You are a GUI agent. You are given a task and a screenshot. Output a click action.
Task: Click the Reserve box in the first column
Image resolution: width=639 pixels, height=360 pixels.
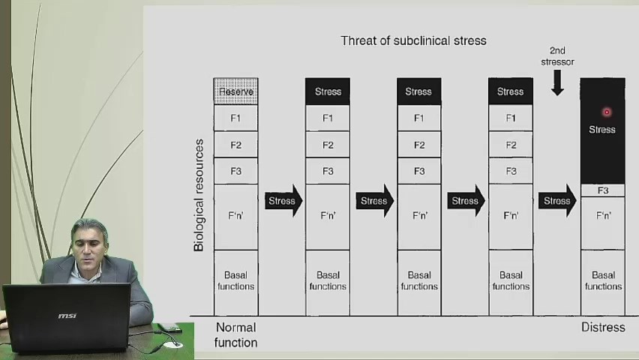click(236, 91)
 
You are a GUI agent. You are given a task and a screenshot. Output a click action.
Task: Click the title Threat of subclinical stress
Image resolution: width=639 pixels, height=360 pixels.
click(413, 40)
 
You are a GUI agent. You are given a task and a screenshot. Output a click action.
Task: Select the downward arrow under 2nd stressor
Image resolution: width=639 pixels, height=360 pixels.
click(557, 82)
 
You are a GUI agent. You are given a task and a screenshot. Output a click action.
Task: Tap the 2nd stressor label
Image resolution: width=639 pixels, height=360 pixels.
click(557, 56)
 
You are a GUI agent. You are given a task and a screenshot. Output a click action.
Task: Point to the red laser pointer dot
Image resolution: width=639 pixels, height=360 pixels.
click(607, 112)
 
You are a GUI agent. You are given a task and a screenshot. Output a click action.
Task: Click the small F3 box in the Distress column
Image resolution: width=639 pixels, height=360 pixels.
click(603, 190)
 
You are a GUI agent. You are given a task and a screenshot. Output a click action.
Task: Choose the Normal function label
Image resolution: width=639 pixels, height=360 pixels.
click(236, 334)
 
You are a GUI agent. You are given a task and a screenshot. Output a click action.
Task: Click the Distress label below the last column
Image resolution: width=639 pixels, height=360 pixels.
click(603, 328)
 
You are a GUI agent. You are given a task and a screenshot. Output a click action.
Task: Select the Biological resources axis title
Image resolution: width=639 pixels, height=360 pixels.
click(199, 195)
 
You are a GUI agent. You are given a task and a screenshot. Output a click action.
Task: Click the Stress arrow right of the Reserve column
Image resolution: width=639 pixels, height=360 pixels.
click(283, 200)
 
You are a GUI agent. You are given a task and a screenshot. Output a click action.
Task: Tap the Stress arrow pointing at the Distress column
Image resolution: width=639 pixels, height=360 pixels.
click(557, 200)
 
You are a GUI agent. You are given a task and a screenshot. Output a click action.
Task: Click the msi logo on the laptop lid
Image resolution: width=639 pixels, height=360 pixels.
click(67, 316)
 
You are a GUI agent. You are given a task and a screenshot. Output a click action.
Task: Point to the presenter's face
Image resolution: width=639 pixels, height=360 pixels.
click(88, 246)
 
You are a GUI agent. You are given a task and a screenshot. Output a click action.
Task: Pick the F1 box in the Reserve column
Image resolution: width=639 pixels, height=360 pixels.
click(236, 118)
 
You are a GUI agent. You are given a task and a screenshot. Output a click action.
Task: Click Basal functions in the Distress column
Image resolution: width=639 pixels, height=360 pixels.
click(603, 281)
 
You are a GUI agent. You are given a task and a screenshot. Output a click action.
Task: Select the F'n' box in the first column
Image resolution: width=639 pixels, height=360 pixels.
click(236, 217)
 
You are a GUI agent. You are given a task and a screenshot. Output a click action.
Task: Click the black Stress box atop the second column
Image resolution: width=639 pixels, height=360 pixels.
click(328, 91)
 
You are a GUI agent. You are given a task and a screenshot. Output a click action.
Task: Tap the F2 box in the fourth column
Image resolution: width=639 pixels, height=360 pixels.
click(511, 145)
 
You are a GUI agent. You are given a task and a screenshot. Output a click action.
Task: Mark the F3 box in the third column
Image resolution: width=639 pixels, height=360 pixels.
click(419, 171)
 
